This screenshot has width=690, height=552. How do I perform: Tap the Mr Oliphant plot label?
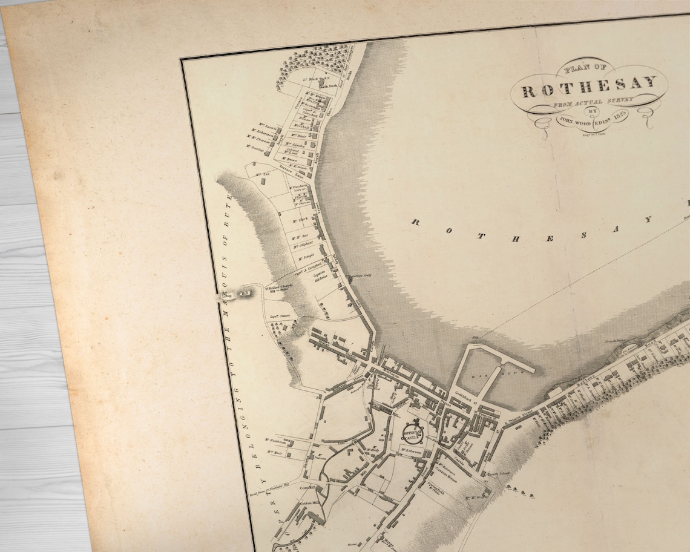click(x=302, y=243)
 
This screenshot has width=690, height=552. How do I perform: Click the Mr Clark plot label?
click(x=300, y=218)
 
